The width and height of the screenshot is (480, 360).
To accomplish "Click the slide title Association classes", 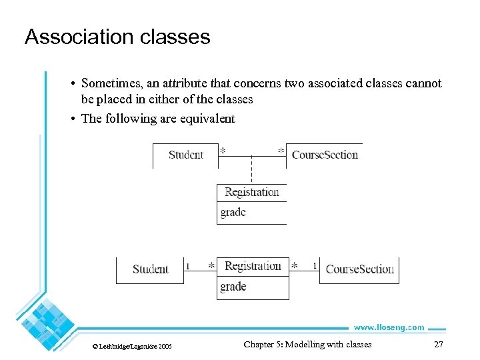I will click(x=117, y=36).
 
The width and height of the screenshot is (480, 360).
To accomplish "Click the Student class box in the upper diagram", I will click(x=185, y=155).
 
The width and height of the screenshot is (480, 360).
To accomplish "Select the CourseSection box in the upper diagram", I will click(x=325, y=155).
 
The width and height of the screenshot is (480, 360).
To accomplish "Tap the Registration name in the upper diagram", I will click(x=251, y=192).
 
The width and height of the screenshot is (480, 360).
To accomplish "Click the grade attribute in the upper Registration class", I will click(x=233, y=212).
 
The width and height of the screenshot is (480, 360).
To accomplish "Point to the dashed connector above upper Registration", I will click(x=251, y=169).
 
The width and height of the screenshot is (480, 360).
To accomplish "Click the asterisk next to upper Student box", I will click(x=223, y=151).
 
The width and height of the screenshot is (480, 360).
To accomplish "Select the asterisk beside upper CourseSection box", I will click(x=281, y=151).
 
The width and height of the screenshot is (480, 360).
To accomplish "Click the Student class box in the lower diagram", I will click(x=150, y=269).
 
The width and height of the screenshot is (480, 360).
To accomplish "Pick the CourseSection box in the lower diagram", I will click(x=359, y=269).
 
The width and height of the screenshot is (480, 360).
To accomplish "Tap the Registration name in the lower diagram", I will click(x=253, y=266).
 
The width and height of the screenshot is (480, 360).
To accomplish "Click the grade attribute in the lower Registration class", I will click(x=233, y=287).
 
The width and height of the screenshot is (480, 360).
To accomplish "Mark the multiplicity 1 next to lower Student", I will click(x=188, y=266).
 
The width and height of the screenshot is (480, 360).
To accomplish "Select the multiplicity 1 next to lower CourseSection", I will click(x=315, y=266).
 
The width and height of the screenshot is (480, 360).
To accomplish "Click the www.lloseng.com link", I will click(x=389, y=327).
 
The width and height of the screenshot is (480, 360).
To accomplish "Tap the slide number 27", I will click(x=438, y=345).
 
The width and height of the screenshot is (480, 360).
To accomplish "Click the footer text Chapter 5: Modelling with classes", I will click(x=307, y=345).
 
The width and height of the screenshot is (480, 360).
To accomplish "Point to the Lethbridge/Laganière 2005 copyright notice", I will click(x=132, y=346).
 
